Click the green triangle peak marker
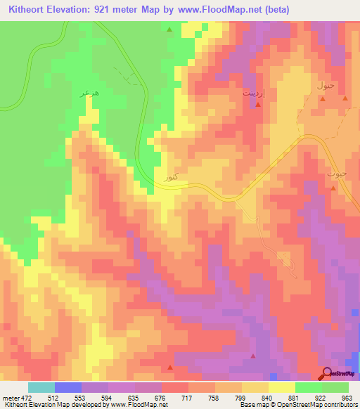(x=169, y=30)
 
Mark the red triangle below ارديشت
(x=258, y=105)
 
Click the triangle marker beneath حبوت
(x=334, y=188)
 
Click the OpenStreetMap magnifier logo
(x=327, y=373)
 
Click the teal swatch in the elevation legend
(x=41, y=387)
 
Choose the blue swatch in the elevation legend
(x=68, y=387)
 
